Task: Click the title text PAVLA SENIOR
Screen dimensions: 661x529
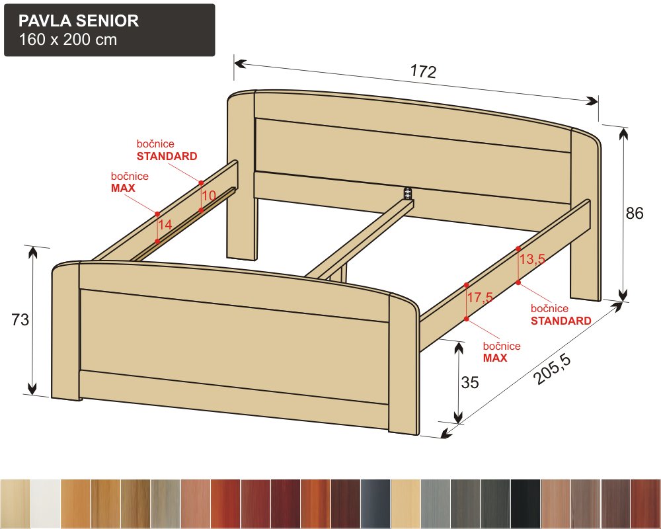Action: (79, 20)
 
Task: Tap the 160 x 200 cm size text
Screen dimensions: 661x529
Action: (68, 39)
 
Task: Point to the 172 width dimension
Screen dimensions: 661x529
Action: (423, 71)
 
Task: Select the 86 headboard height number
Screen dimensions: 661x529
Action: (635, 213)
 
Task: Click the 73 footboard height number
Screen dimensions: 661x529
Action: (20, 319)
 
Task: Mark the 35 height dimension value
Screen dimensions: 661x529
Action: (470, 382)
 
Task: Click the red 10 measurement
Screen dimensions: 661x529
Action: (209, 195)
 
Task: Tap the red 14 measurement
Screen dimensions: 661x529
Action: (165, 224)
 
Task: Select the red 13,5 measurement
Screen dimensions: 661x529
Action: (532, 259)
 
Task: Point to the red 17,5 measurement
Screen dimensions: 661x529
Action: (480, 297)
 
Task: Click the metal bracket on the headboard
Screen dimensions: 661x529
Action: (407, 193)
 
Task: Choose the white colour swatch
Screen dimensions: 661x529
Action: (46, 504)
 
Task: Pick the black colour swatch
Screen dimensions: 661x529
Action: (525, 504)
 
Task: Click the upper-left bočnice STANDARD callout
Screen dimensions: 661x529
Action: (167, 150)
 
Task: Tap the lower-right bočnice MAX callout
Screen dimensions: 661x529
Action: (502, 352)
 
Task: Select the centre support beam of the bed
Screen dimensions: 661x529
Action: (359, 239)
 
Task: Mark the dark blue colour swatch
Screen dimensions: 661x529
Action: (375, 504)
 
